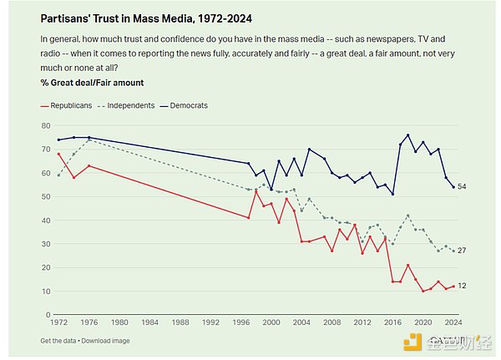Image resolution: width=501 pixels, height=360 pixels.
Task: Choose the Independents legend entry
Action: pyautogui.click(x=135, y=106)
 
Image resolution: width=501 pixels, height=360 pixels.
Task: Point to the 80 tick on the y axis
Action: pyautogui.click(x=47, y=125)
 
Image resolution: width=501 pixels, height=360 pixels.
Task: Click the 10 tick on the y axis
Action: pyautogui.click(x=47, y=291)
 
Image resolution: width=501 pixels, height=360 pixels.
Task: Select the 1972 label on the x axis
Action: pyautogui.click(x=58, y=322)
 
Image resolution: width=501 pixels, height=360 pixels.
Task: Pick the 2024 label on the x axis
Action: pyautogui.click(x=453, y=322)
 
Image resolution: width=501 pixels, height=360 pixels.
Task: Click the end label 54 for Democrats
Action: pyautogui.click(x=463, y=187)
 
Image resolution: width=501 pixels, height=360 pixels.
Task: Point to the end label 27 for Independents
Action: pyautogui.click(x=463, y=251)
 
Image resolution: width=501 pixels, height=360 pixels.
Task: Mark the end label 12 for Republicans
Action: pyautogui.click(x=463, y=286)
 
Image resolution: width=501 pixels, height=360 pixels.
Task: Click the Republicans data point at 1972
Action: pyautogui.click(x=58, y=154)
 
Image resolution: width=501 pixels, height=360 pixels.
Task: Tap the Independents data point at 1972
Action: pyautogui.click(x=58, y=175)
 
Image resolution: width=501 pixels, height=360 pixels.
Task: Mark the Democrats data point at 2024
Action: pyautogui.click(x=453, y=187)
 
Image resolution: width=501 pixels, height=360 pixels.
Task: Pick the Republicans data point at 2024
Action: pyautogui.click(x=453, y=286)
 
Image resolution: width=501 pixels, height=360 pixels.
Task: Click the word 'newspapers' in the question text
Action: pyautogui.click(x=372, y=39)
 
